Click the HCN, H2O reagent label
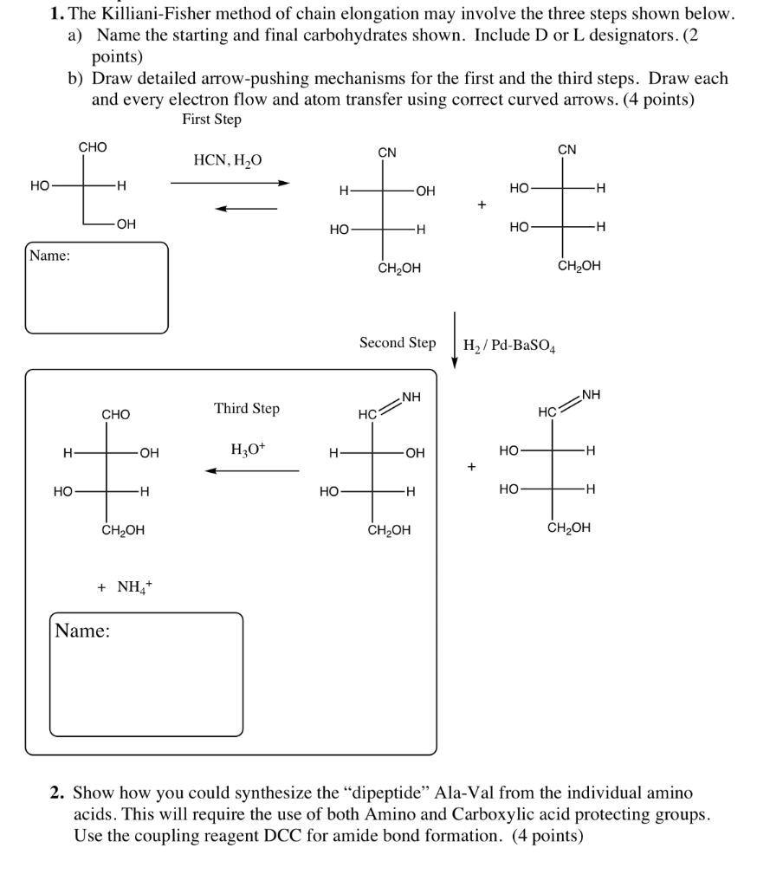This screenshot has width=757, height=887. tap(227, 160)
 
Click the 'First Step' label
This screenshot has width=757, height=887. tap(211, 120)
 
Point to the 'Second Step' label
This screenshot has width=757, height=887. tap(398, 343)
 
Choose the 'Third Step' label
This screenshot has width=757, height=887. tap(247, 408)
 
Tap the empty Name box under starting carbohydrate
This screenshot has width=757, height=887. tap(97, 288)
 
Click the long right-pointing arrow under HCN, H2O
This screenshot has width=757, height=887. tap(230, 183)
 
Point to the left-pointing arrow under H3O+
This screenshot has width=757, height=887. tap(252, 471)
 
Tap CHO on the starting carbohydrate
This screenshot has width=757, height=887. tap(93, 147)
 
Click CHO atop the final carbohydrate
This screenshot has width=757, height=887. tap(116, 415)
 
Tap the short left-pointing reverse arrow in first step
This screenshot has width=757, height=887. tap(246, 208)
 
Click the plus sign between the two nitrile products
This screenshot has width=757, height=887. tap(482, 205)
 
